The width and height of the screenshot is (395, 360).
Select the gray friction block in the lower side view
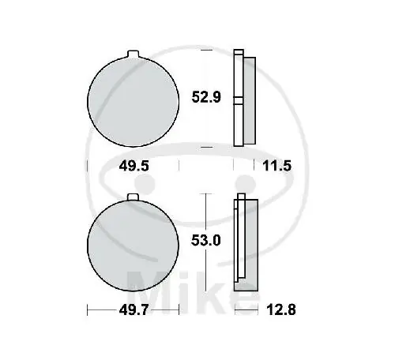click(x=249, y=243)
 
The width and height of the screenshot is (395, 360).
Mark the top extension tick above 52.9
click(x=207, y=50)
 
